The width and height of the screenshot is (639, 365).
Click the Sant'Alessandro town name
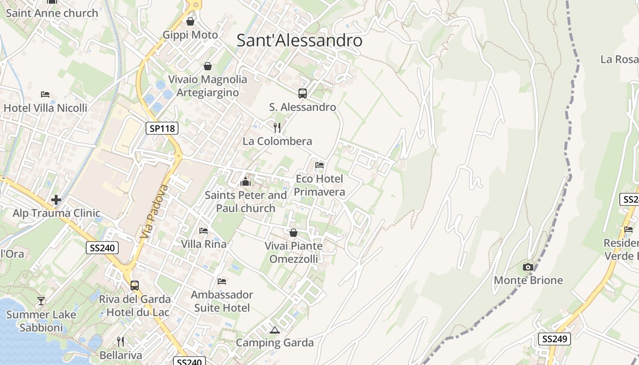(299, 41)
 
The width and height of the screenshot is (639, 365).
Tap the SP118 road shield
(162, 128)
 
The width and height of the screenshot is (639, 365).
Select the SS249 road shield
(555, 339)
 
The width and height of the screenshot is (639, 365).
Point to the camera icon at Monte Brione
(528, 267)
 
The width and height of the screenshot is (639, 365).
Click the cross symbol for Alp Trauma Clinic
(56, 200)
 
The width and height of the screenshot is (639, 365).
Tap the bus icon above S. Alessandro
(303, 94)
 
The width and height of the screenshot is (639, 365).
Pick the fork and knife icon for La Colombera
(277, 127)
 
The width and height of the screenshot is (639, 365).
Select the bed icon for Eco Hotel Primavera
(319, 165)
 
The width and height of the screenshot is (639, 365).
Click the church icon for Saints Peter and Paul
(246, 182)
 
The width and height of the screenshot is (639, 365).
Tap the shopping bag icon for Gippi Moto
(190, 21)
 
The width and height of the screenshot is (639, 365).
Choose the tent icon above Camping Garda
(274, 330)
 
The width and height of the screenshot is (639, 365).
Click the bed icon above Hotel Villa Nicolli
(45, 94)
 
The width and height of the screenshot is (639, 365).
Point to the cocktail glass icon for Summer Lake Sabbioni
(41, 301)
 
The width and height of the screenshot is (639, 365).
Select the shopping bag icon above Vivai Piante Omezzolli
(293, 233)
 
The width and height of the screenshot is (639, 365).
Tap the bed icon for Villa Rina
(204, 231)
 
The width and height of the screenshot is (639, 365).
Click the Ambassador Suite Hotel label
(222, 301)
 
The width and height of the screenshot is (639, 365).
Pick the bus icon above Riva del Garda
(135, 286)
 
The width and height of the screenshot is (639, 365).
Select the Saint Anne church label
(52, 13)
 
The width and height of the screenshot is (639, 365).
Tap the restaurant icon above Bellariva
(120, 341)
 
